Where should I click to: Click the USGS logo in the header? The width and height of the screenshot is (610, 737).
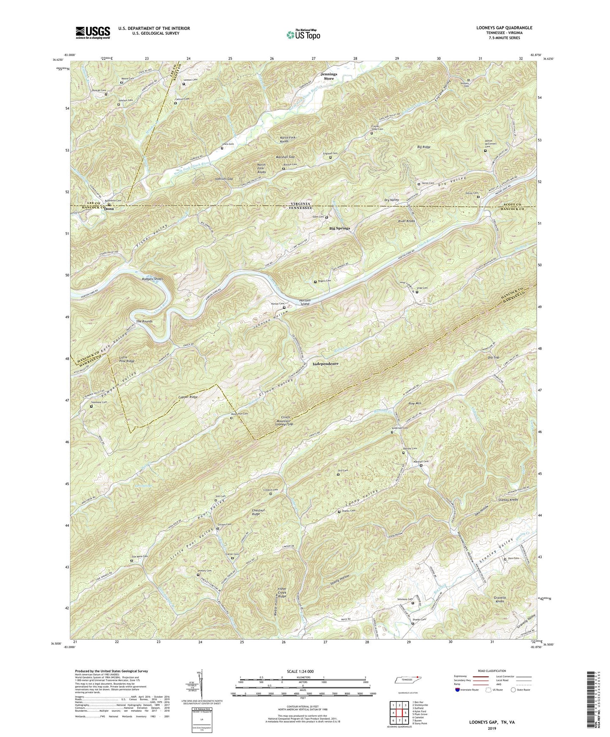tap(93, 33)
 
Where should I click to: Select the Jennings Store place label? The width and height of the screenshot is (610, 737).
tap(329, 76)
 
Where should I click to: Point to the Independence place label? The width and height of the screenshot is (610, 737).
tap(325, 363)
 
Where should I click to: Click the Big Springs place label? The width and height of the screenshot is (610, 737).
tap(339, 228)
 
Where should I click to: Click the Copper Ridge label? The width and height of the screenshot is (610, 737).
tap(188, 397)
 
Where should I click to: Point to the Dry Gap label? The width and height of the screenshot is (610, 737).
tap(493, 358)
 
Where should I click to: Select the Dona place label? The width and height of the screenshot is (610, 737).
tap(109, 209)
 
